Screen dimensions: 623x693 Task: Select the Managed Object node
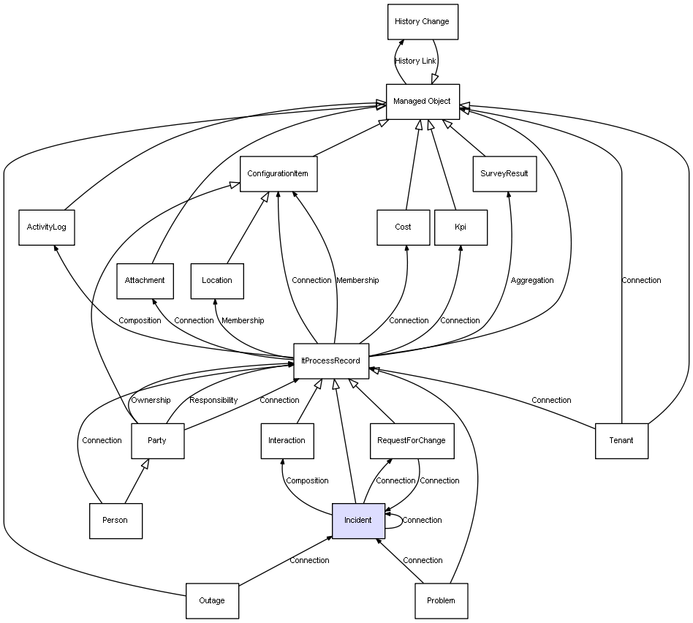pyautogui.click(x=423, y=101)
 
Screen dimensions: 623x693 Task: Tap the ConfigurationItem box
pyautogui.click(x=278, y=174)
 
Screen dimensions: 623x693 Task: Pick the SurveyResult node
pyautogui.click(x=504, y=174)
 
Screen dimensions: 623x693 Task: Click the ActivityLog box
pyautogui.click(x=46, y=227)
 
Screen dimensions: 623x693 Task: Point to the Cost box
pyautogui.click(x=404, y=227)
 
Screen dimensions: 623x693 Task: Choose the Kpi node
pyautogui.click(x=461, y=227)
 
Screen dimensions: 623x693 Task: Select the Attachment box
pyautogui.click(x=145, y=281)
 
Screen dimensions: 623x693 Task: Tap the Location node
pyautogui.click(x=217, y=281)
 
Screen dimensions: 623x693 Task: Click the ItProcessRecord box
pyautogui.click(x=331, y=360)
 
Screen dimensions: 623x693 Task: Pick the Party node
pyautogui.click(x=157, y=440)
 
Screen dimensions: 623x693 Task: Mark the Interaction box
pyautogui.click(x=287, y=440)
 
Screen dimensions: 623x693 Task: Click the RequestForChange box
pyautogui.click(x=411, y=440)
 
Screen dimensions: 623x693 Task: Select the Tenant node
pyautogui.click(x=621, y=440)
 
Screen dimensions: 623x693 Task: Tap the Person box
pyautogui.click(x=115, y=521)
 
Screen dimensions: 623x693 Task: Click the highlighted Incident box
pyautogui.click(x=358, y=521)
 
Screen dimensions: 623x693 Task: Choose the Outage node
pyautogui.click(x=212, y=600)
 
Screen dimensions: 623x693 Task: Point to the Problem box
pyautogui.click(x=441, y=600)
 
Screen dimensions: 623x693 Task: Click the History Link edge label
pyautogui.click(x=415, y=61)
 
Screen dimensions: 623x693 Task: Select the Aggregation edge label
pyautogui.click(x=532, y=281)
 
